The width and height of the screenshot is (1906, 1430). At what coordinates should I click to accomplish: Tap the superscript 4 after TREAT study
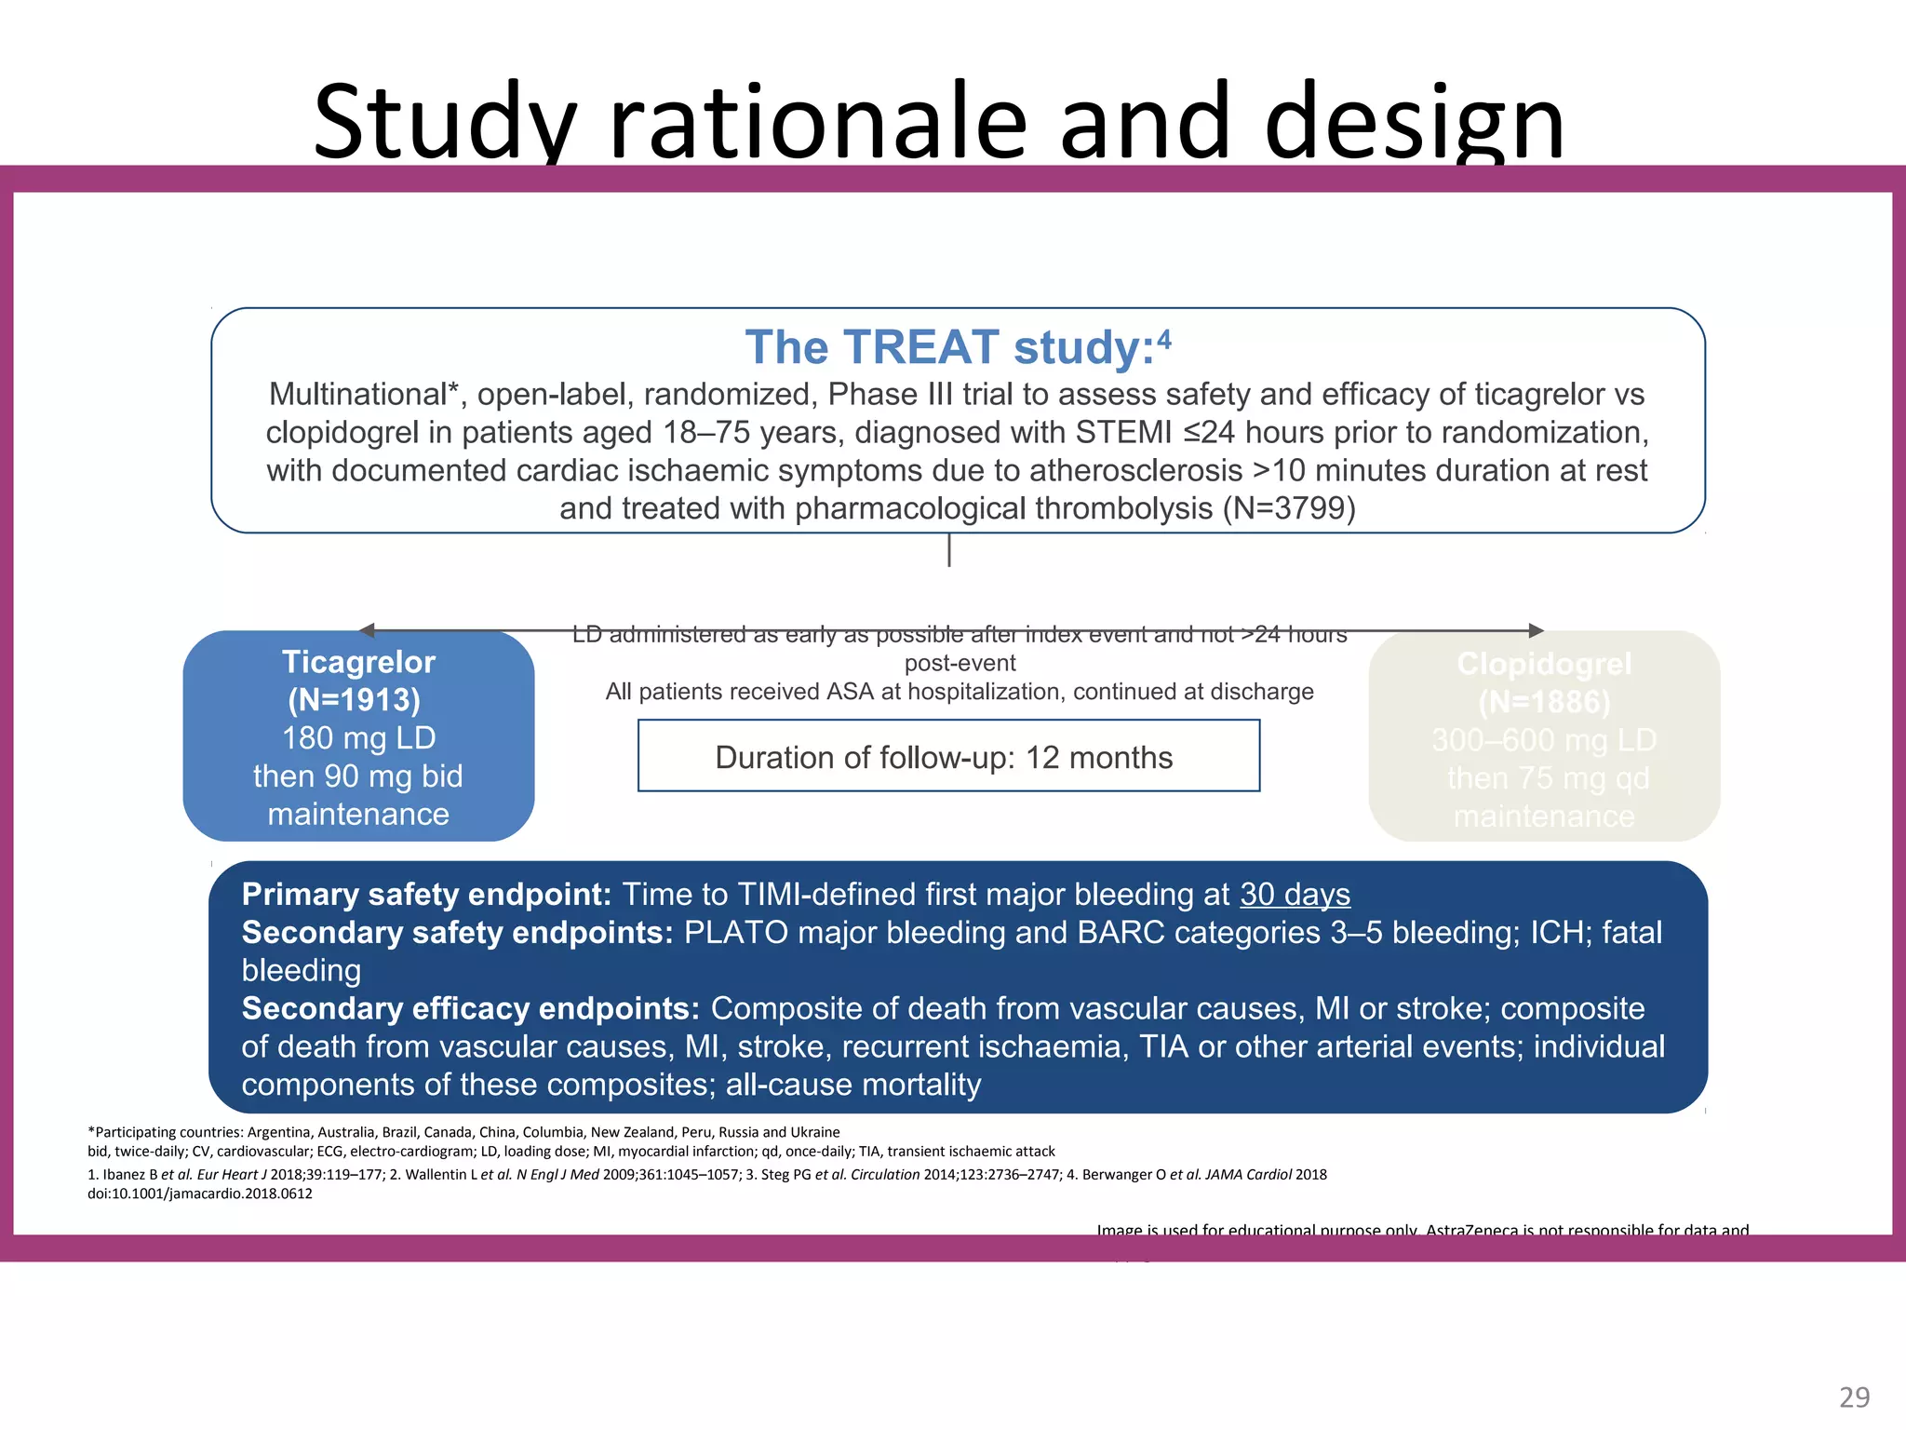pos(1165,337)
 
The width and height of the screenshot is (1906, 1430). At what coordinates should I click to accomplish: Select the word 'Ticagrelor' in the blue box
pos(358,662)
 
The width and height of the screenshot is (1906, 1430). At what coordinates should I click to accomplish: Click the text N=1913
pos(355,700)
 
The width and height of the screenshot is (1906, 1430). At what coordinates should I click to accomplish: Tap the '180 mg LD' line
pos(358,738)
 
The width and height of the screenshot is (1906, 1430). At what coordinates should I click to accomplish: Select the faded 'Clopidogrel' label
pos(1544,664)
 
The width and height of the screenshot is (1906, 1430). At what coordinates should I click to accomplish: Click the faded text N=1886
pos(1544,702)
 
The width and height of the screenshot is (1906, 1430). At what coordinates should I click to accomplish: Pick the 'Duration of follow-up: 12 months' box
pos(947,757)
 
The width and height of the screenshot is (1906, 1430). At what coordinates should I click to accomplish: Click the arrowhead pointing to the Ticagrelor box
pos(367,630)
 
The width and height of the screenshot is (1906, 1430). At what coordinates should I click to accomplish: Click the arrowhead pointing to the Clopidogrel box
pos(1537,630)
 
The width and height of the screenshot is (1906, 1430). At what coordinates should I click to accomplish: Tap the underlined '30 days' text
pos(1294,895)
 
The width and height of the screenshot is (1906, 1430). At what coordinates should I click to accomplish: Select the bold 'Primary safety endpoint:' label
pos(425,895)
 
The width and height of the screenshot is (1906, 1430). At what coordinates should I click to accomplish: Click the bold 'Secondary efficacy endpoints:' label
pos(470,1009)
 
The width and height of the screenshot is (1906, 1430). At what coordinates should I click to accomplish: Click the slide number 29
pos(1854,1396)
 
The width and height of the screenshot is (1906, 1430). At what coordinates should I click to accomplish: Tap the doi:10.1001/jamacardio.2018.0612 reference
pos(200,1194)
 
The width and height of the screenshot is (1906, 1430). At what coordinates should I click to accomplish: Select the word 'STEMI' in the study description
pos(1123,433)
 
